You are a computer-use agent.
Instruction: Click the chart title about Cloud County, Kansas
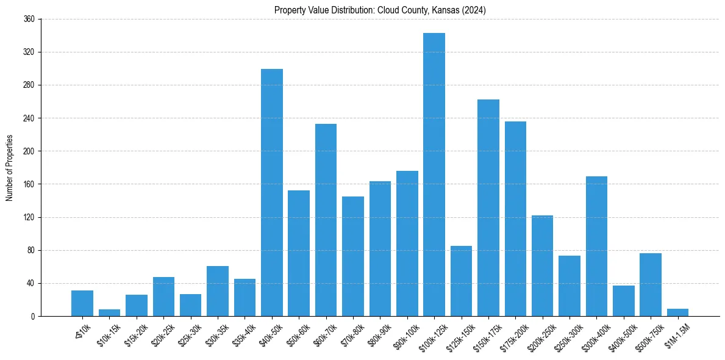pos(380,10)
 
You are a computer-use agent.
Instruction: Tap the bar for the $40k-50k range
pos(272,192)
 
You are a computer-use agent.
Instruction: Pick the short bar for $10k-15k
pos(110,312)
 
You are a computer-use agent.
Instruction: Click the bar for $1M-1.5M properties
pos(677,312)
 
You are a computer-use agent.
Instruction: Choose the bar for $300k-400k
pos(596,246)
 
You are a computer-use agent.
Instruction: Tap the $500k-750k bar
pos(651,284)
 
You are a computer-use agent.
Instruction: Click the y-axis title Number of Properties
pos(10,168)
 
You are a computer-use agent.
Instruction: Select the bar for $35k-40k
pos(245,297)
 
